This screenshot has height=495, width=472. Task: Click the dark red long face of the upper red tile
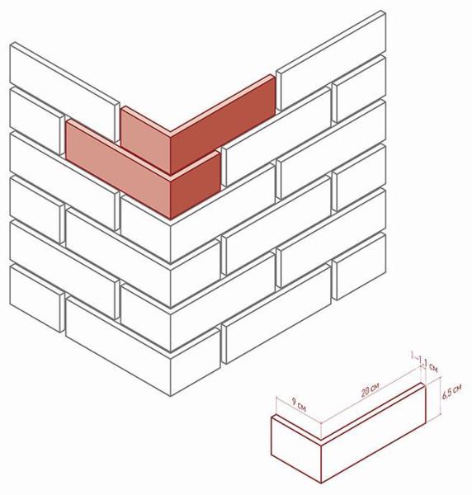(223, 125)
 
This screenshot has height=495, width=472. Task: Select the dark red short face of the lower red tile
(196, 186)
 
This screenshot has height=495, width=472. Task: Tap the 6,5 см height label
(452, 391)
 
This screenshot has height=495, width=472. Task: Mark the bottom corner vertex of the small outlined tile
(321, 483)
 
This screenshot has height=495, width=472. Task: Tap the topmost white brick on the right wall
(331, 61)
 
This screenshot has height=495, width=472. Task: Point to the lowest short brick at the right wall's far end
(359, 266)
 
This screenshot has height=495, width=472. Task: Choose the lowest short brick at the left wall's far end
(37, 299)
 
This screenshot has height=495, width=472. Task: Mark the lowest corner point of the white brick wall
(171, 396)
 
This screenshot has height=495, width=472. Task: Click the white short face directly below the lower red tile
(145, 229)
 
